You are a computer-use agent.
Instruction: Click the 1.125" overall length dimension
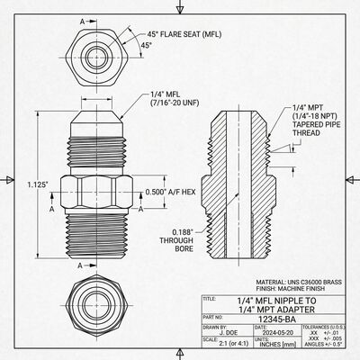36,184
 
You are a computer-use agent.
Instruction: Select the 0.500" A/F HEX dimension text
170,191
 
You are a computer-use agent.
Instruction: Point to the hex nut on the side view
95,191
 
